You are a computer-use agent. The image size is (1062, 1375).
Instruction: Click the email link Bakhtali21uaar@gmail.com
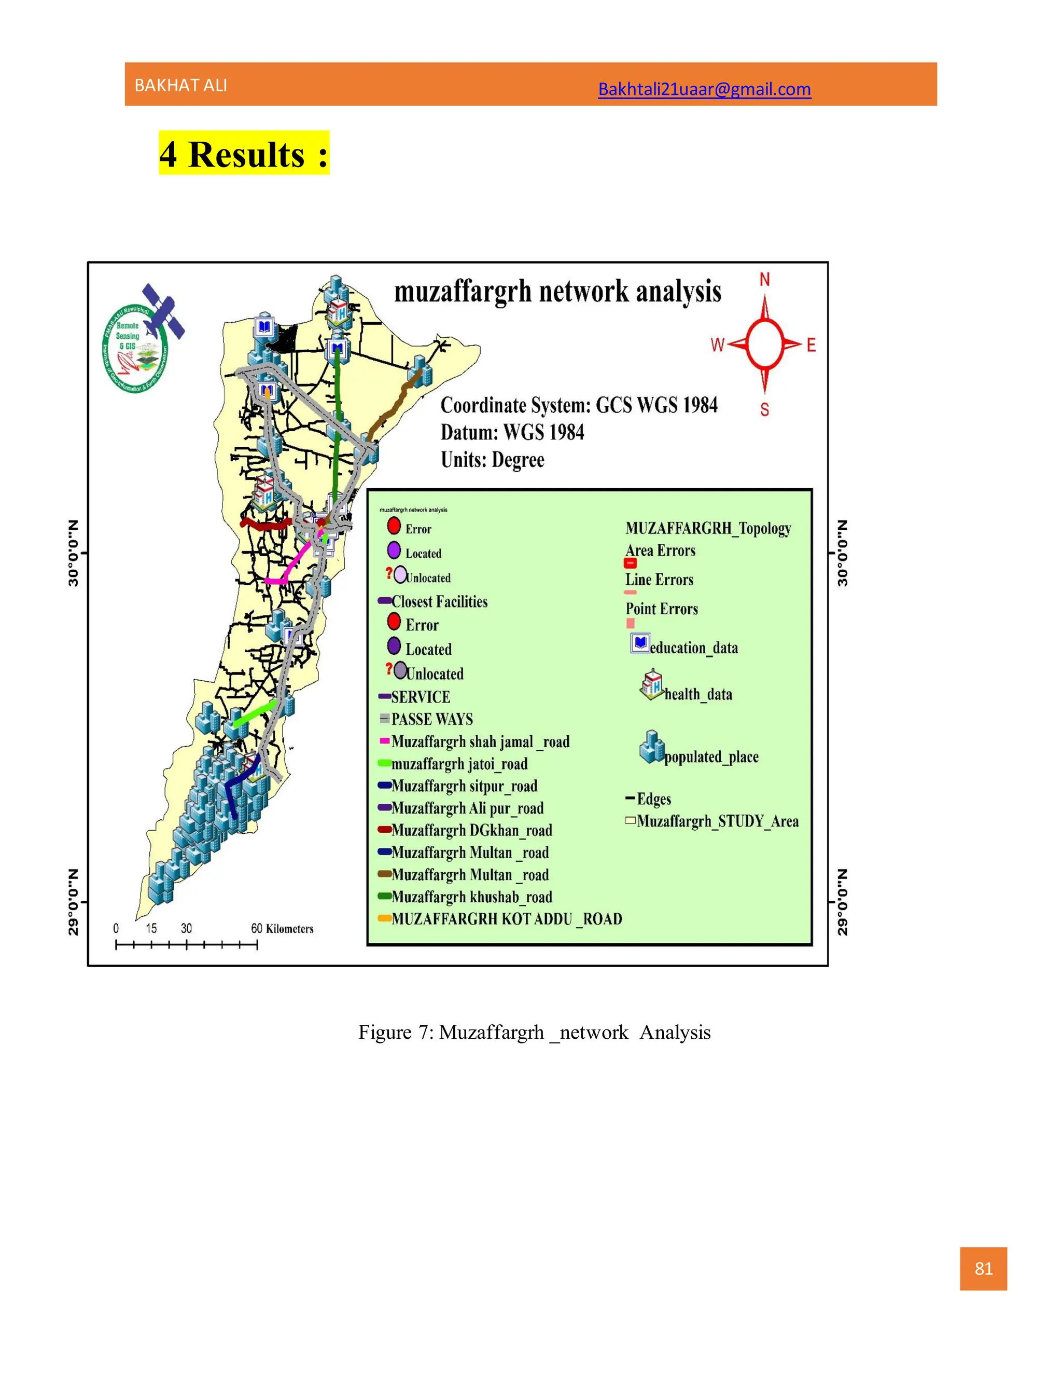(x=704, y=89)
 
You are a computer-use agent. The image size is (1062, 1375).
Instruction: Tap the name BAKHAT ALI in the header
(x=180, y=86)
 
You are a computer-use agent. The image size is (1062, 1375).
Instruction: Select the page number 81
(x=983, y=1269)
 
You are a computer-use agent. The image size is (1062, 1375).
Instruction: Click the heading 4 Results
(x=244, y=154)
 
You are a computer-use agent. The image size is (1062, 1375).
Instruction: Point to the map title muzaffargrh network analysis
(x=557, y=292)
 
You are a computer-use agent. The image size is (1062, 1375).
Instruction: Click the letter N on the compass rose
(x=764, y=280)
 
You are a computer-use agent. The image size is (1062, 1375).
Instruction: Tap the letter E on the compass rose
(x=811, y=345)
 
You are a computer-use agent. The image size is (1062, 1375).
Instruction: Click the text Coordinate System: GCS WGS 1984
(x=579, y=405)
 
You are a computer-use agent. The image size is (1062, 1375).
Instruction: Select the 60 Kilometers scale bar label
(x=282, y=929)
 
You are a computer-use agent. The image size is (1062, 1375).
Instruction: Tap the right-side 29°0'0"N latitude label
(x=843, y=902)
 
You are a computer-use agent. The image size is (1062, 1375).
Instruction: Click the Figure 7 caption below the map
(x=534, y=1033)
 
